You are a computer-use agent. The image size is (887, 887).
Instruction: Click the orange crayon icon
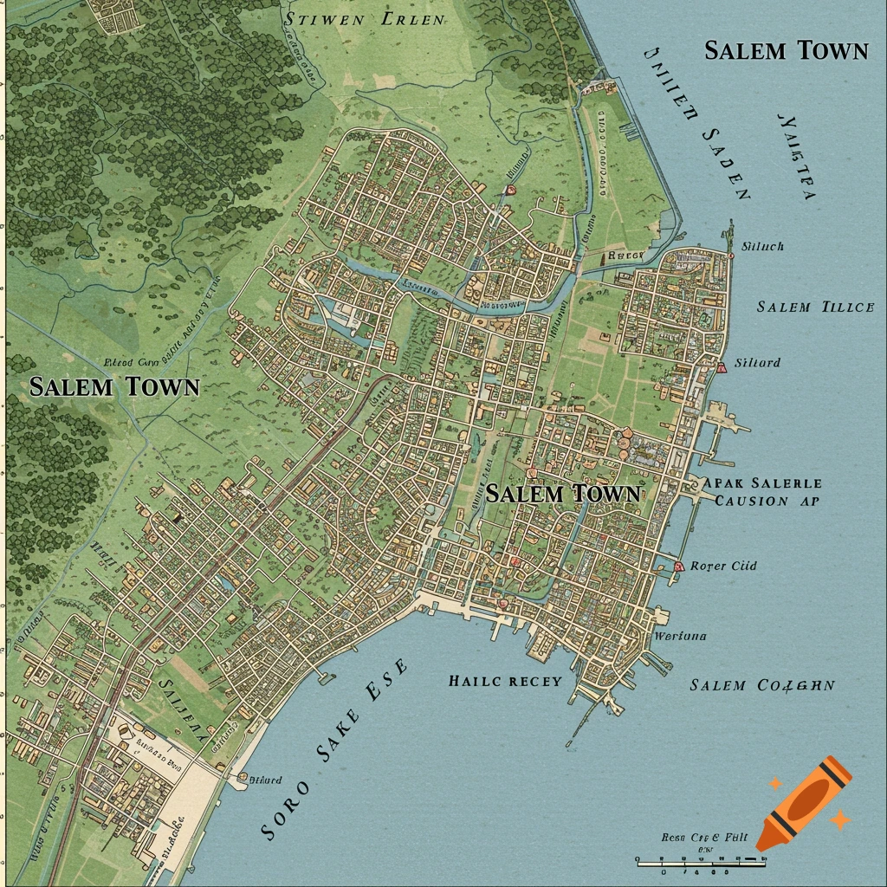[x=803, y=801]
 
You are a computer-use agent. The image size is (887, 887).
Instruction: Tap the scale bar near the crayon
[x=702, y=861]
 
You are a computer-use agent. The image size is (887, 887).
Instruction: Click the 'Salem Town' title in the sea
[x=786, y=50]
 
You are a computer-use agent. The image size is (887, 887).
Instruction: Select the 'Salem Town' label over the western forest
[x=114, y=386]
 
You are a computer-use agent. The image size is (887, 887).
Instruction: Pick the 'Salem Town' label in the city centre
[x=563, y=494]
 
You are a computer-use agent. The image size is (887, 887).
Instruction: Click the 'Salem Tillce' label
[x=815, y=307]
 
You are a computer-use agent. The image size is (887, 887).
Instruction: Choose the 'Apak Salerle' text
[x=763, y=483]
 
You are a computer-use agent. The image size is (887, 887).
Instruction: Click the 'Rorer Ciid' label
[x=723, y=566]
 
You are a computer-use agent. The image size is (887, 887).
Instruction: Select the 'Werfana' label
[x=680, y=636]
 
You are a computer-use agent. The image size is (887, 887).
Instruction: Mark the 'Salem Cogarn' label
[x=762, y=685]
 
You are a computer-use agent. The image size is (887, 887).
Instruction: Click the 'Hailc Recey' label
[x=505, y=681]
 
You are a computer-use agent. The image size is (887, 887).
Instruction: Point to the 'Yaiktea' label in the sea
[x=797, y=156]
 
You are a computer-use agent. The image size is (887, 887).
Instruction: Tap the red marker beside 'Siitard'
[x=721, y=368]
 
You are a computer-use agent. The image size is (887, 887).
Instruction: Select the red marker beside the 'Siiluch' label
[x=732, y=256]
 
